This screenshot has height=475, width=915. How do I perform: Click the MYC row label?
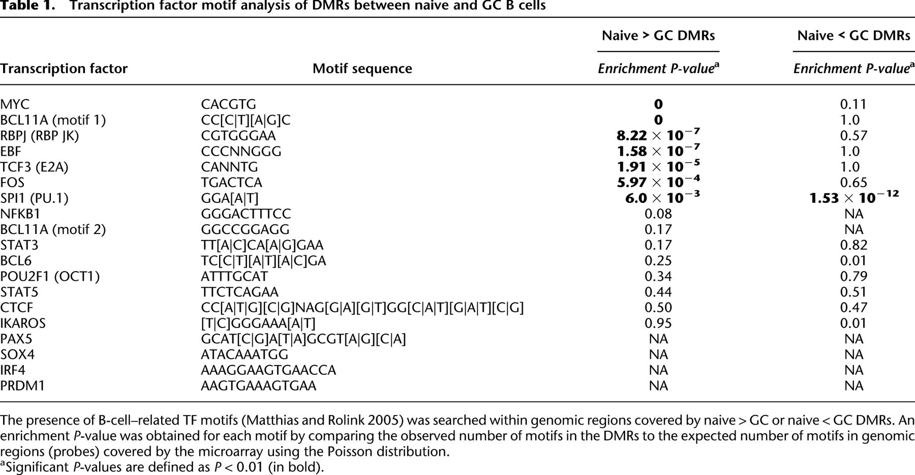(15, 104)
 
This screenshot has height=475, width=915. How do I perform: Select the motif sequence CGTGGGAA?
(238, 136)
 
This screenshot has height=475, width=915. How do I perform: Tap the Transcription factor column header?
(64, 69)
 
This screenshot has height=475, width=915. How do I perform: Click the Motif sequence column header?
(362, 69)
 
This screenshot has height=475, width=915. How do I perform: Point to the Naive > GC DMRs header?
(658, 36)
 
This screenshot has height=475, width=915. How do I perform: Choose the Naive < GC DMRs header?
(853, 36)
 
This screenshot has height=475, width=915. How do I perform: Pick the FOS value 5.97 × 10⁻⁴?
(658, 182)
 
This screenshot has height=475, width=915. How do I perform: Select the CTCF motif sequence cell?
(362, 308)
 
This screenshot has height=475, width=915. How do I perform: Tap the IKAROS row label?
(23, 323)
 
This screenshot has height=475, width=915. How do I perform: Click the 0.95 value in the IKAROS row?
(658, 323)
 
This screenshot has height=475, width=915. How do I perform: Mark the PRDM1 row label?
(22, 386)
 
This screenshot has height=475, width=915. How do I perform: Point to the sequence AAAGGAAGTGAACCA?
(268, 370)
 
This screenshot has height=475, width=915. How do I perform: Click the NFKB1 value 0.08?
(658, 214)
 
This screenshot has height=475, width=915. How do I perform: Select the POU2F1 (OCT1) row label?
(50, 277)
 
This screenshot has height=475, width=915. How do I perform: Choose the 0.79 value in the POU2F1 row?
(853, 277)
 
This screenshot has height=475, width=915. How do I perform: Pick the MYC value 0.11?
(853, 104)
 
